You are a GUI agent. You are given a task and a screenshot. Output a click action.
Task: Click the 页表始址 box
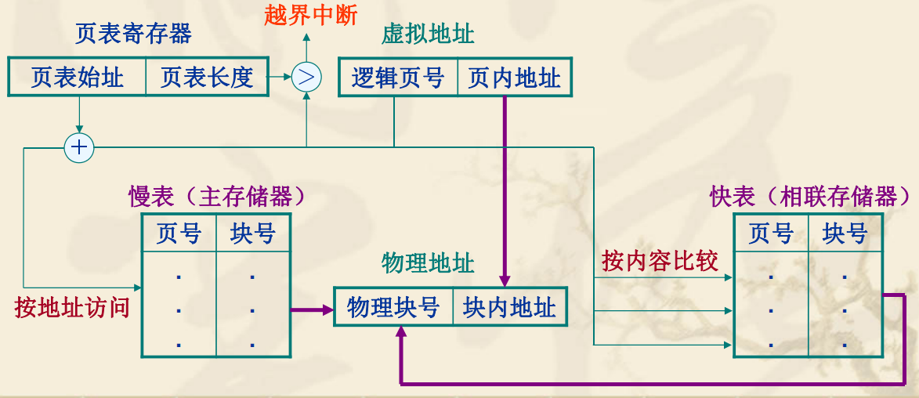click(77, 77)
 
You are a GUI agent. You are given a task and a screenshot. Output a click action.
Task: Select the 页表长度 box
click(208, 77)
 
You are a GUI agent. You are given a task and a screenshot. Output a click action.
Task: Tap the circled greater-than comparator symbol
click(306, 77)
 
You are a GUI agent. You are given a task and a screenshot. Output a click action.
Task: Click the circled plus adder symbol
click(79, 147)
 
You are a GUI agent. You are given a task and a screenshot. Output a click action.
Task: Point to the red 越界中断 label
click(310, 16)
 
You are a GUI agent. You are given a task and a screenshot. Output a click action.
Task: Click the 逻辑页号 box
click(397, 78)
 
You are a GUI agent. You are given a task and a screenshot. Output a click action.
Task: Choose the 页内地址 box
click(514, 78)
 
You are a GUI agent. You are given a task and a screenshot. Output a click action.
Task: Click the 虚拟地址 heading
click(428, 34)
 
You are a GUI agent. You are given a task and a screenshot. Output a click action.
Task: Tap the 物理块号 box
click(393, 307)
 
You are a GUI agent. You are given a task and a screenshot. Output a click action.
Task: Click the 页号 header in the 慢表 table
click(179, 233)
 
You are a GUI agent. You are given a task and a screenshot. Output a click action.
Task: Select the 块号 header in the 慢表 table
click(252, 233)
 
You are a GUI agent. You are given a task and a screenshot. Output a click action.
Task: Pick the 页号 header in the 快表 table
click(771, 233)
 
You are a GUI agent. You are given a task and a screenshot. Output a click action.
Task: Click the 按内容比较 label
click(660, 261)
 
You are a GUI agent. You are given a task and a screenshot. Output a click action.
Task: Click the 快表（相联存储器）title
click(811, 196)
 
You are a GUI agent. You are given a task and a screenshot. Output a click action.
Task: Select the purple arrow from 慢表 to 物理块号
click(312, 309)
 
